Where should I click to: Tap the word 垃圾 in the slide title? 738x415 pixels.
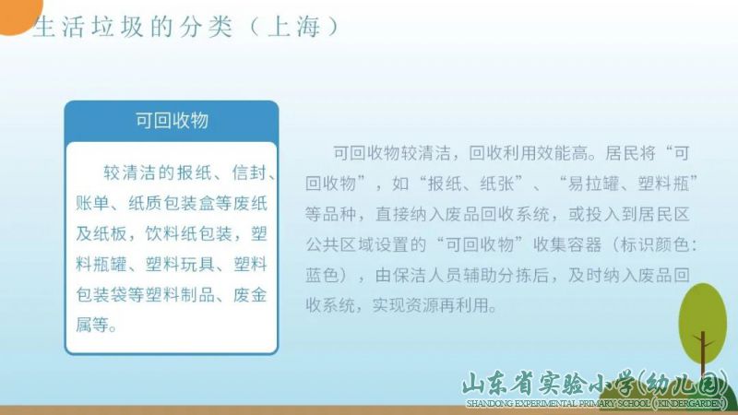117,27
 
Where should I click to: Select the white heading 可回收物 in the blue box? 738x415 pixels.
172,121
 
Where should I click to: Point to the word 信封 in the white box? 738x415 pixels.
249,172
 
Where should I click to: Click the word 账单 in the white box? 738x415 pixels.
93,203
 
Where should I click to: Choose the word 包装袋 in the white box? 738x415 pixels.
101,294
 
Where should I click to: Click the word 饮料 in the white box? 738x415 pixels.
162,233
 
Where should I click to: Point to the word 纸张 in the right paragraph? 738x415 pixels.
497,184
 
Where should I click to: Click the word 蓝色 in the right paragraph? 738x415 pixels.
322,275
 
